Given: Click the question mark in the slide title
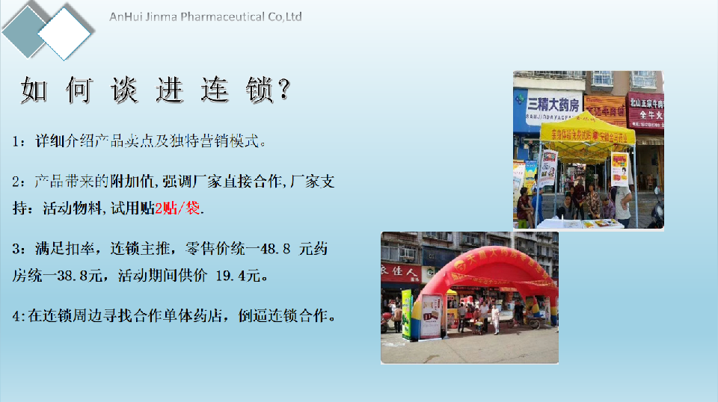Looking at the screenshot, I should click(283, 90).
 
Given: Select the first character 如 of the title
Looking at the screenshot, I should click(34, 90).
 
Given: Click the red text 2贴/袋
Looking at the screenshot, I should click(177, 208).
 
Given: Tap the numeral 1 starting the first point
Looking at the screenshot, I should click(16, 140).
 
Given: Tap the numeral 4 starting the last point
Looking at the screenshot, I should click(16, 316).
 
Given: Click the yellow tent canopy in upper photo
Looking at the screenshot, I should click(587, 130).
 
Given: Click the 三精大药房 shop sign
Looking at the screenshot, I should click(553, 102).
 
